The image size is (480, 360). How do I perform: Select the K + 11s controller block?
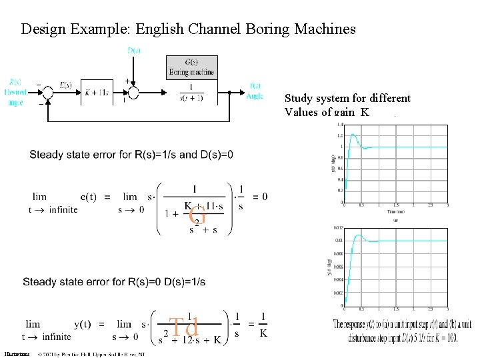[x=97, y=93]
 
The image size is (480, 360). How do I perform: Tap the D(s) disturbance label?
[x=134, y=50]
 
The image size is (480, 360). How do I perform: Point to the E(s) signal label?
[x=66, y=85]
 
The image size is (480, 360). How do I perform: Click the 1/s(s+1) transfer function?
[x=192, y=93]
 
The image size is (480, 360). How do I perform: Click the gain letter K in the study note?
[x=365, y=112]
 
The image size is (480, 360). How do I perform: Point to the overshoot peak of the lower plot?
[x=359, y=235]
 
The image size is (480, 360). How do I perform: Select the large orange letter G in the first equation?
[x=197, y=215]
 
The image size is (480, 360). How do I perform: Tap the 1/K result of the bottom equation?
[x=264, y=324]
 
